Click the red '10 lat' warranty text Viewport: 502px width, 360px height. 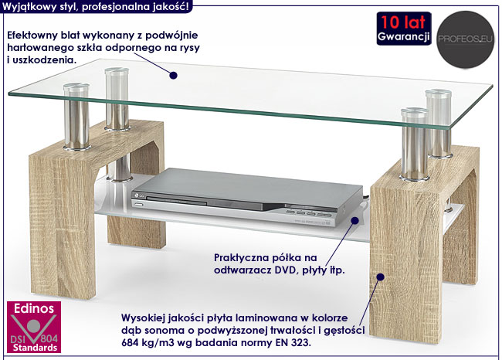[x=403, y=22]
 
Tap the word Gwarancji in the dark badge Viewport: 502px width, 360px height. [x=403, y=37]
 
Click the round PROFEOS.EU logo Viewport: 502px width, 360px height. [x=466, y=39]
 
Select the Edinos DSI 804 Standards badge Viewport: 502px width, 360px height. [x=34, y=327]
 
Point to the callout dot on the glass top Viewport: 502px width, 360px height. [x=173, y=75]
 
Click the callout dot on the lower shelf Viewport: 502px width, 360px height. [x=354, y=220]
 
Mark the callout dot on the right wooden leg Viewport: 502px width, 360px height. [x=380, y=277]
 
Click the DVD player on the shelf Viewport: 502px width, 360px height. [x=247, y=197]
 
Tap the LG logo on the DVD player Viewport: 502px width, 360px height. [x=141, y=195]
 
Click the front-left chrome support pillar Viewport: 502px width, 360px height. [x=76, y=117]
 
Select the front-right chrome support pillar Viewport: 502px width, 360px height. [x=415, y=144]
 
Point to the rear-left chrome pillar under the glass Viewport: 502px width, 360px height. [x=117, y=100]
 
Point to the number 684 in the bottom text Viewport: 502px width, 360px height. [x=130, y=343]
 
